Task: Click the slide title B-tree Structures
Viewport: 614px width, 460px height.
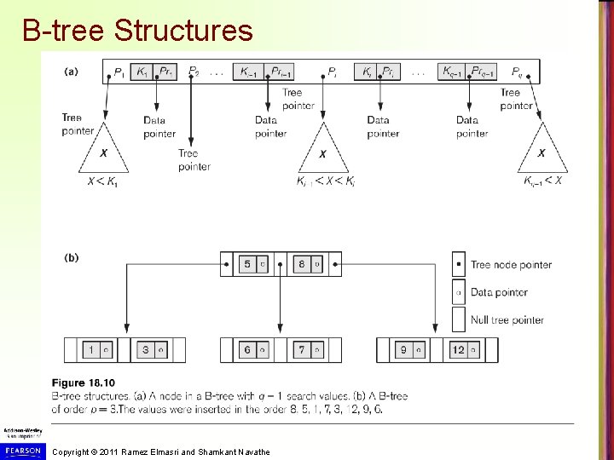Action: [x=137, y=31]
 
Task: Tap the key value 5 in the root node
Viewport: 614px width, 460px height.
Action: [x=247, y=264]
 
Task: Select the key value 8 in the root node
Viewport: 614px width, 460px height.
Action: [x=301, y=264]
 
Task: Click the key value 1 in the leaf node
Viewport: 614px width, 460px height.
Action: [x=90, y=350]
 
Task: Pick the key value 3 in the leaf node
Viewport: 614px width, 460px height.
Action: [x=145, y=350]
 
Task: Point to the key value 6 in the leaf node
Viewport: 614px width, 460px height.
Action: [x=247, y=350]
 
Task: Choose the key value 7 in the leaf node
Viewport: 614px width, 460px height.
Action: [x=302, y=350]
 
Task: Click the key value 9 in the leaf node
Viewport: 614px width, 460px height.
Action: [x=403, y=350]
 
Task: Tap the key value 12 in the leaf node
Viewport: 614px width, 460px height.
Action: [x=458, y=350]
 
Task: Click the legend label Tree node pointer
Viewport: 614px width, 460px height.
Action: [x=511, y=265]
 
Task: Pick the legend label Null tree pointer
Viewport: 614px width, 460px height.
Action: [x=507, y=320]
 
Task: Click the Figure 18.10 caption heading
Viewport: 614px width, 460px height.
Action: [x=83, y=383]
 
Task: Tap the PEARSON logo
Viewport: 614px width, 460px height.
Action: [x=21, y=449]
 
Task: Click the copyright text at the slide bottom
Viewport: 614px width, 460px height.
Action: [x=161, y=451]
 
